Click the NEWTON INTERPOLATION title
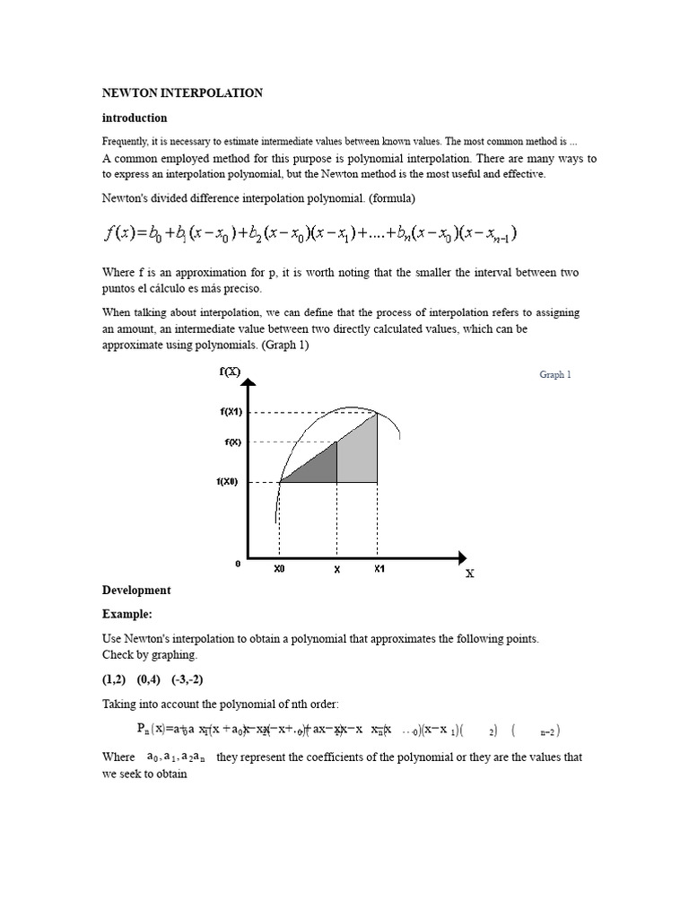click(182, 92)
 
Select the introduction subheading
click(135, 118)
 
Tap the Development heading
click(136, 590)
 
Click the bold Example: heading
click(127, 614)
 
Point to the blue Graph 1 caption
click(554, 374)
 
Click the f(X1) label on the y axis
click(231, 412)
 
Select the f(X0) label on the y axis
click(229, 482)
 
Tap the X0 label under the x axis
click(280, 569)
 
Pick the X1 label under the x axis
click(379, 569)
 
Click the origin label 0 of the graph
click(238, 565)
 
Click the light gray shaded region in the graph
click(357, 453)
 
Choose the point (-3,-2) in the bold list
click(196, 678)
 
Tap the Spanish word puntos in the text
click(122, 289)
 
